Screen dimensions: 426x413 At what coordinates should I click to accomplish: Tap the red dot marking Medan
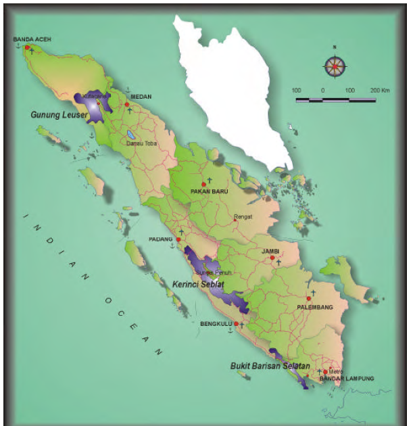[x=127, y=104]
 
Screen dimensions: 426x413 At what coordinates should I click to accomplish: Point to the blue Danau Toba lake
[x=130, y=135]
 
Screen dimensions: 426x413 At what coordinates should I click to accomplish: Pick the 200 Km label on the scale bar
[x=381, y=90]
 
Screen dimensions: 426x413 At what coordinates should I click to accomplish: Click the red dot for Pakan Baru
[x=203, y=184]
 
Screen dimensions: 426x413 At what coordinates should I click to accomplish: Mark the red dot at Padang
[x=178, y=239]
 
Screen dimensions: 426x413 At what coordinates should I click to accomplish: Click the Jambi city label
[x=270, y=251]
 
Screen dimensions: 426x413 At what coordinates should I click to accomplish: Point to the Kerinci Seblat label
[x=198, y=284]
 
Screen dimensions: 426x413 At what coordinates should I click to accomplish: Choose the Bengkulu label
[x=216, y=324]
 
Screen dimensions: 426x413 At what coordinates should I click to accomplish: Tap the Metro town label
[x=336, y=371]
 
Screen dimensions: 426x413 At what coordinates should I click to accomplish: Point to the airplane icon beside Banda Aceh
[x=32, y=51]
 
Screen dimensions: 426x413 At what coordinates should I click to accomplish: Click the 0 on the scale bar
[x=322, y=90]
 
